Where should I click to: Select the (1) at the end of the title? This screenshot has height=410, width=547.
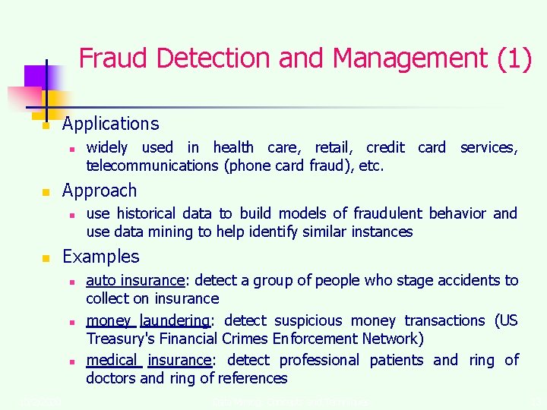coord(514,58)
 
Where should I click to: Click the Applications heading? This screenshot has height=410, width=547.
coord(111,124)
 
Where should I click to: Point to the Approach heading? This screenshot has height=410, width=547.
coord(100,191)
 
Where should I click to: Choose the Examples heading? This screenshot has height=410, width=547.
coord(101,257)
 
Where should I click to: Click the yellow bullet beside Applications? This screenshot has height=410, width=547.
coord(46,126)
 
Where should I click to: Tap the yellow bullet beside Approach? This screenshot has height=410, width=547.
coord(46,193)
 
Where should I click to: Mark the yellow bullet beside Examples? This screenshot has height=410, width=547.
coord(46,259)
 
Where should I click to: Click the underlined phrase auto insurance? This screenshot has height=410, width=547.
coord(135,280)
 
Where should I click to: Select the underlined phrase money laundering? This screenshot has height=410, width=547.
coord(148,320)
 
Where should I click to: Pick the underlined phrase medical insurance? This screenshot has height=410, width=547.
coord(148,360)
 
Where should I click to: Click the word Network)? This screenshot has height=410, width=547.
coord(390,339)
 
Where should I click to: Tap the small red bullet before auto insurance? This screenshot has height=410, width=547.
coord(70,282)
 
